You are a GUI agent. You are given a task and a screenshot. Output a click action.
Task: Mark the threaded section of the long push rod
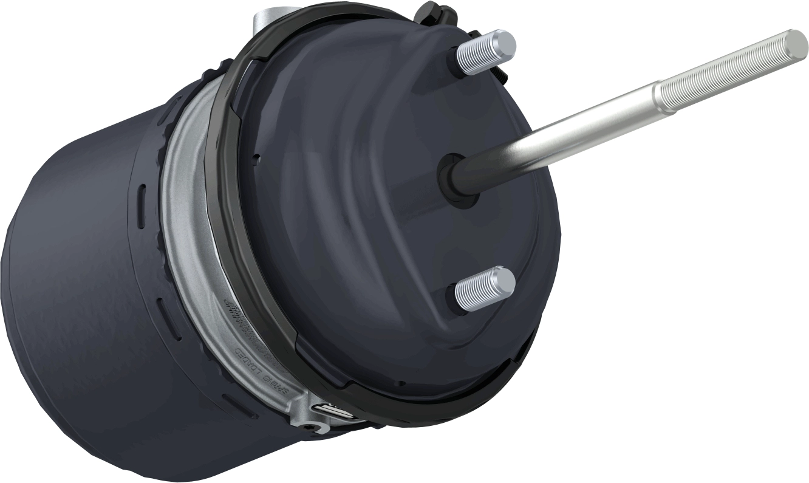point(729,72)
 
